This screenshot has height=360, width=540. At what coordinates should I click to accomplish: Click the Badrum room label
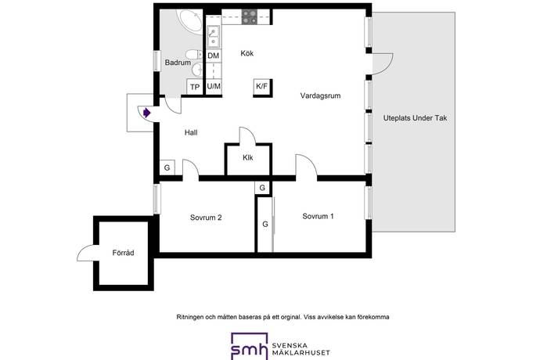[x=178, y=63]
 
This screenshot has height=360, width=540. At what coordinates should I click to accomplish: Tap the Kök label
[x=247, y=53]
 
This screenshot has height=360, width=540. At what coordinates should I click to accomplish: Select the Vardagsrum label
[x=320, y=95]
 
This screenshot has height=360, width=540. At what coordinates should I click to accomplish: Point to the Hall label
[x=191, y=132]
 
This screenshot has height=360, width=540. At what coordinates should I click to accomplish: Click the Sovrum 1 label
[x=318, y=216]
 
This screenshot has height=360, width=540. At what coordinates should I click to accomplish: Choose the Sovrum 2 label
[x=206, y=218]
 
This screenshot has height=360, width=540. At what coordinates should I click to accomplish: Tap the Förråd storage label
[x=123, y=253]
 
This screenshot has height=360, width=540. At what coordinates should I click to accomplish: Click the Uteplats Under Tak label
[x=415, y=118]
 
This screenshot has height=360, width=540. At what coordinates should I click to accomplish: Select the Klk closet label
[x=247, y=158]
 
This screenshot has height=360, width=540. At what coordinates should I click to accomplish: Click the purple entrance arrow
[x=146, y=113]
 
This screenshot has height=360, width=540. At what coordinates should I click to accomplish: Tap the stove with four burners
[x=250, y=17]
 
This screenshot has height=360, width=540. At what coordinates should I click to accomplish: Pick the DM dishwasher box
[x=214, y=56]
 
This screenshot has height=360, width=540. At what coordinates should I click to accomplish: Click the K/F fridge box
[x=261, y=86]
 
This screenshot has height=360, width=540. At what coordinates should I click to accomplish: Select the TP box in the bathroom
[x=195, y=87]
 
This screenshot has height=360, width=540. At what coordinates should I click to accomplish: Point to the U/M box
[x=214, y=86]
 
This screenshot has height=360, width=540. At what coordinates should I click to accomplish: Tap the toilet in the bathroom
[x=193, y=55]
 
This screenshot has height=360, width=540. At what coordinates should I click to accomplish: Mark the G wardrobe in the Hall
[x=167, y=167]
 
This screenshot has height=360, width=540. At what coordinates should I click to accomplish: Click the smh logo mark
[x=250, y=346]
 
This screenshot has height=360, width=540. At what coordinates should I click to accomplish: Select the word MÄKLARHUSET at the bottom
[x=301, y=353]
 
